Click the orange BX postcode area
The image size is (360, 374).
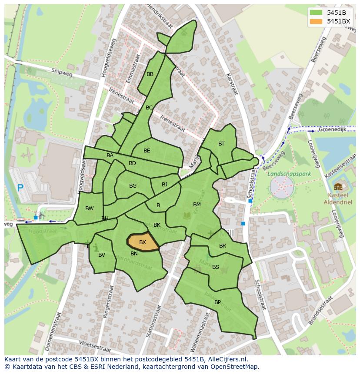(143, 242)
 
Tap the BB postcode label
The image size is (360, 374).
(150, 74)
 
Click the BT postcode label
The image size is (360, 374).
(221, 144)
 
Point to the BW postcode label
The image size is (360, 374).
(90, 209)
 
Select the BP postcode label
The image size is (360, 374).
(217, 302)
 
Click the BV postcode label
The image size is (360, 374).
(102, 255)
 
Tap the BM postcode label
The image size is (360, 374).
(197, 205)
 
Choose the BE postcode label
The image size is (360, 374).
(147, 151)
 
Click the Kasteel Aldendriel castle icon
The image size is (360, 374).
(338, 187)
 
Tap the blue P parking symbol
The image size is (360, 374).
(20, 188)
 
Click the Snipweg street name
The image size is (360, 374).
(60, 72)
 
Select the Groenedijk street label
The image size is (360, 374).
(331, 129)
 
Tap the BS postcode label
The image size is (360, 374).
(216, 267)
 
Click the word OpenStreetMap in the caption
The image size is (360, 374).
(233, 367)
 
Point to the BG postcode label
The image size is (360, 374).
(133, 186)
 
